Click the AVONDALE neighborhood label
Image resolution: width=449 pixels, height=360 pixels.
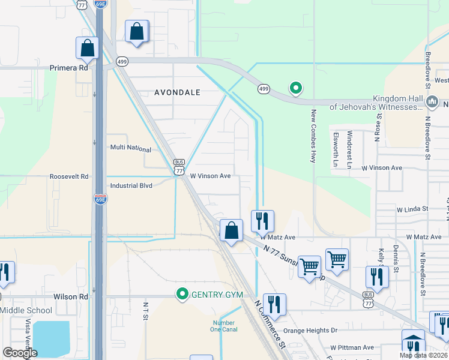176,92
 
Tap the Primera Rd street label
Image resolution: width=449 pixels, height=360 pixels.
69,68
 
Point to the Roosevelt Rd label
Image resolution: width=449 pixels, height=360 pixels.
69,176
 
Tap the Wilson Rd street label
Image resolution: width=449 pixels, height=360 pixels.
71,296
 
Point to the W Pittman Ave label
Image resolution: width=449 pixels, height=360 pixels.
352,347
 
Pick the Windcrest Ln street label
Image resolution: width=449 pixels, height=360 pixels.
349,147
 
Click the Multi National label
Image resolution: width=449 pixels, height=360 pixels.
131,147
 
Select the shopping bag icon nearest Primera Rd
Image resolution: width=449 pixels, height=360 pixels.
87,49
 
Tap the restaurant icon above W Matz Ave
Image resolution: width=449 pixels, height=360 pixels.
262,221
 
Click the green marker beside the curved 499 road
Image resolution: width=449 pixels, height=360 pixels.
295,88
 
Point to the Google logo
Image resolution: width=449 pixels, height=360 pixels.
19,353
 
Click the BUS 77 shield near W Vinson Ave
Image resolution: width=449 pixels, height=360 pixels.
178,167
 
